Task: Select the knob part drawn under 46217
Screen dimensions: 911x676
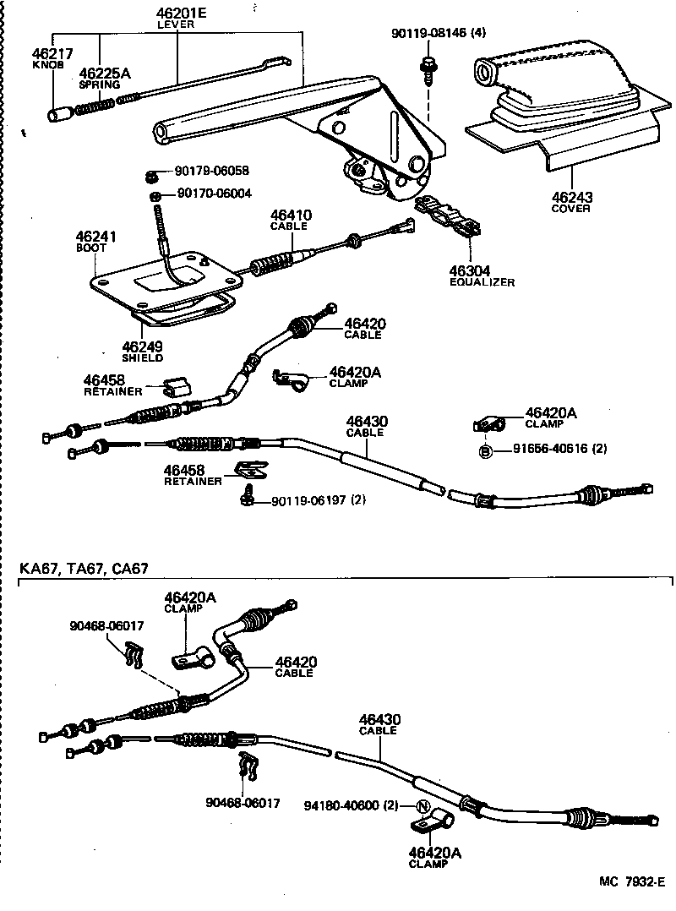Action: pos(60,113)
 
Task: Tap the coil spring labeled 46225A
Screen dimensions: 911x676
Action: pos(95,106)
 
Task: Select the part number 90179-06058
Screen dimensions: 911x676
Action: pos(214,171)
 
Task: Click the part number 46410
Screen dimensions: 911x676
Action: pos(290,215)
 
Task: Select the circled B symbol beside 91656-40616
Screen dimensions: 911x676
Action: pos(486,450)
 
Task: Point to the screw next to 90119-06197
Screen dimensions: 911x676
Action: pos(249,497)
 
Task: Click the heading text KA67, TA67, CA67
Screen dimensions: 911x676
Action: pos(84,569)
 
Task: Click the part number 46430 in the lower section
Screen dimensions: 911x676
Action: pos(379,719)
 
